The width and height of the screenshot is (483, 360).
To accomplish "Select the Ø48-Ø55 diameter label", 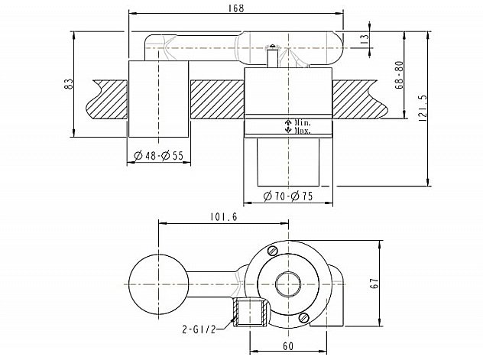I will pyautogui.click(x=158, y=156).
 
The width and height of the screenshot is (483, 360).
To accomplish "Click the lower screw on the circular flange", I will pyautogui.click(x=305, y=317).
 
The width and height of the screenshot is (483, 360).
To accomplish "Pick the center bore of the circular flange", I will pyautogui.click(x=288, y=284).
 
